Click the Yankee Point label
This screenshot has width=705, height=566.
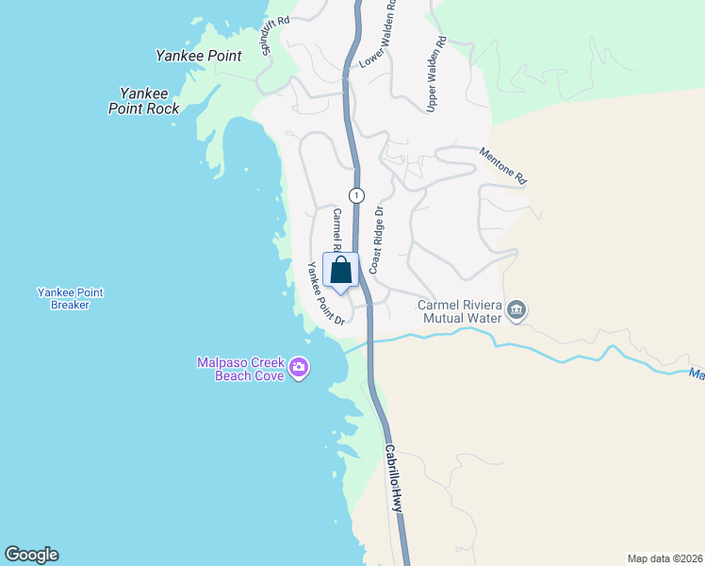click(198, 56)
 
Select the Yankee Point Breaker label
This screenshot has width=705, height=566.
click(70, 298)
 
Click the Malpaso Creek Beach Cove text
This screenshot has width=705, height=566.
click(241, 369)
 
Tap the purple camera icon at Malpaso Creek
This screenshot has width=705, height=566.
click(299, 367)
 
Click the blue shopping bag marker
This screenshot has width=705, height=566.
click(340, 270)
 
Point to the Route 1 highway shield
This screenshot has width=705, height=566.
click(355, 195)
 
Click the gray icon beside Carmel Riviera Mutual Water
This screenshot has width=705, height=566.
click(516, 309)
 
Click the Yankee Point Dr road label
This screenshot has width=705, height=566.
click(320, 292)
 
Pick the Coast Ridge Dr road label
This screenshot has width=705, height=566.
click(377, 241)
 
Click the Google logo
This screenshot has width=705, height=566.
click(31, 555)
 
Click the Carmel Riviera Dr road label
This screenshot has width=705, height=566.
click(336, 230)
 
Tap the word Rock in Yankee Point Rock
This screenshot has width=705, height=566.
click(160, 108)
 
